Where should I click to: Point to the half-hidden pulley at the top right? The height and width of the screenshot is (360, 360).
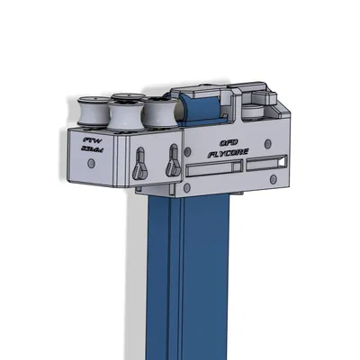[255, 112]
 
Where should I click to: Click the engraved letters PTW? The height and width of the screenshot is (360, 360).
[91, 141]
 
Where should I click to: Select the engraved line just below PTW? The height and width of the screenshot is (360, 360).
[91, 152]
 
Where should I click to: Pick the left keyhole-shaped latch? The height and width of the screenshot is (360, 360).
[139, 164]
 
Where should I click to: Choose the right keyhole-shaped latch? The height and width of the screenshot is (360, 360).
[171, 164]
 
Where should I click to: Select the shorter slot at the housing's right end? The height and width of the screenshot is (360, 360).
[269, 163]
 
